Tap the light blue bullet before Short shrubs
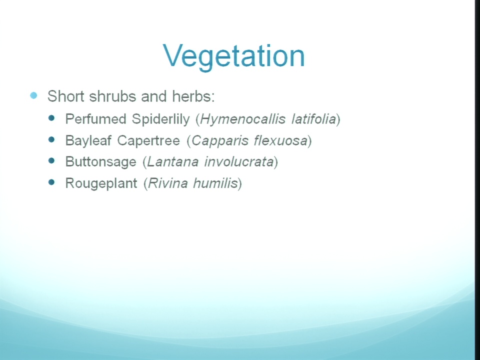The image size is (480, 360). coord(33,95)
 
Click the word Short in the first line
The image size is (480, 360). coord(66,96)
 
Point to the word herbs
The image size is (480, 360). coord(193,96)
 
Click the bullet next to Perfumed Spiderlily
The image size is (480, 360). coord(51,118)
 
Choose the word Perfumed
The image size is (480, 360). coord(96,119)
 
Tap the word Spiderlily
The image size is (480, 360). coord(161,119)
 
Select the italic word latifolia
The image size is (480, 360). coord(314,119)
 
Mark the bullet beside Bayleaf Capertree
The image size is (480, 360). coord(51,139)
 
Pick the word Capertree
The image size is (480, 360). coord(148,141)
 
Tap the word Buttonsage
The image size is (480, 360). coord(100,162)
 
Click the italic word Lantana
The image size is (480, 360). coord(173,162)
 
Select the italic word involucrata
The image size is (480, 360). coord(239,162)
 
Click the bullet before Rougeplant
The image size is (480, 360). coord(51,182)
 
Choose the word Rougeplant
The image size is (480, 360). coord(101,183)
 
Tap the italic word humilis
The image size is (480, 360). coord(215,183)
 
